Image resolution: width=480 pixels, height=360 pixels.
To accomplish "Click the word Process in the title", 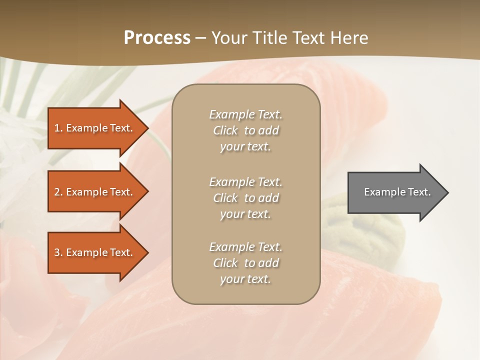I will (x=157, y=37).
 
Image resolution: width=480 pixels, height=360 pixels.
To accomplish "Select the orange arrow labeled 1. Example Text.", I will (x=95, y=128).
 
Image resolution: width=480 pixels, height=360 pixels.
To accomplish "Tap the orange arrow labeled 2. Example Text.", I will (x=95, y=192).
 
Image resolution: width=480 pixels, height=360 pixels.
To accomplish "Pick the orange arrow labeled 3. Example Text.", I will (x=95, y=252).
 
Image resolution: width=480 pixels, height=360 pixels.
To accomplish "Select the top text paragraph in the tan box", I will (x=245, y=130).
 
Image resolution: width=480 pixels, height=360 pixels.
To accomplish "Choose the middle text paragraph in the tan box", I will (x=245, y=198).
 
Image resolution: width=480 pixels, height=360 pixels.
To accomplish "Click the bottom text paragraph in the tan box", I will (x=245, y=263).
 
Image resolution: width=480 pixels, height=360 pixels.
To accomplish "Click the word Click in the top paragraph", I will (x=225, y=130).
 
